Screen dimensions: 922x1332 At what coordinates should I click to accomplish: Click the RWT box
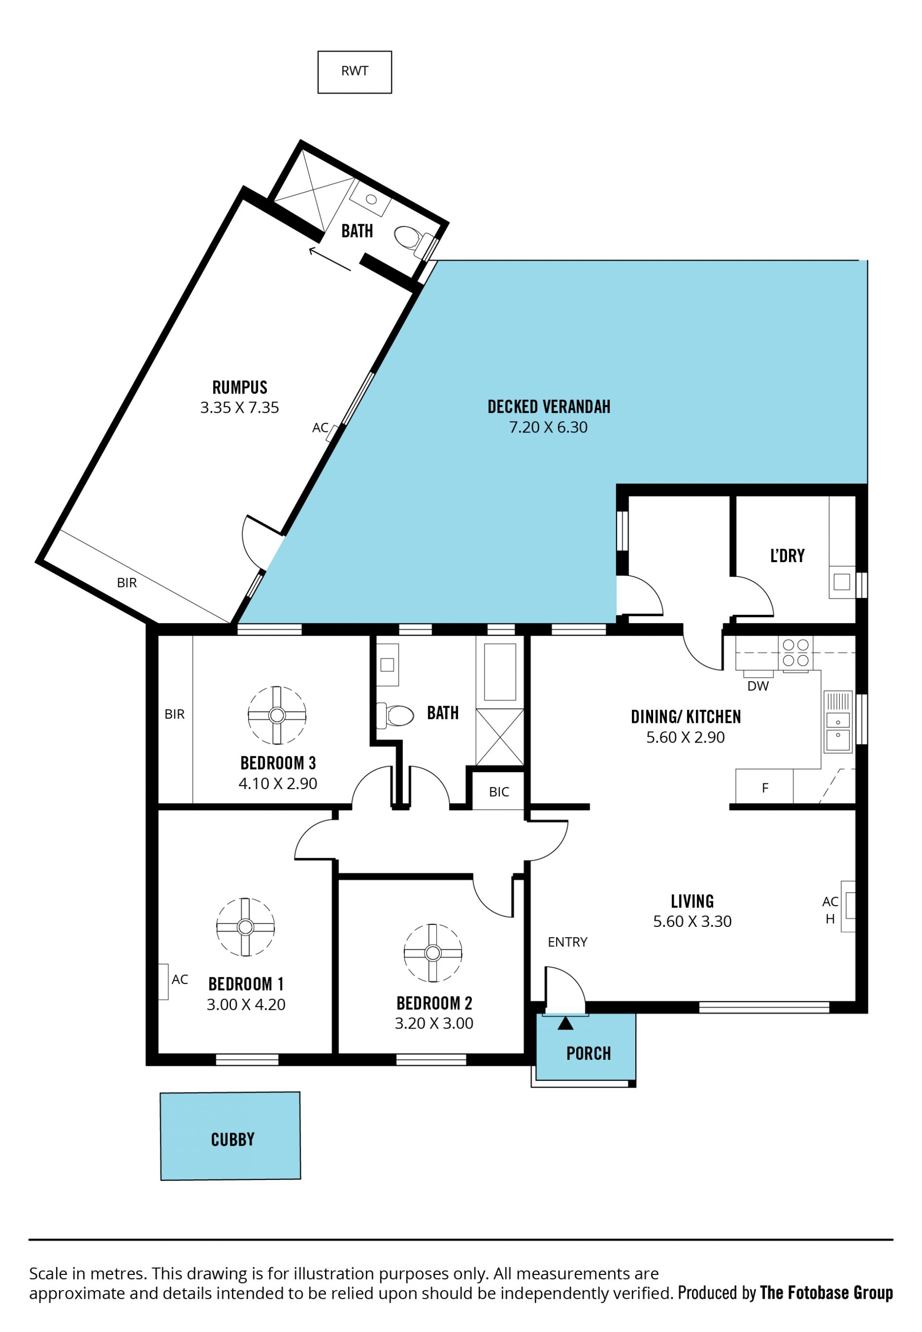click(x=355, y=72)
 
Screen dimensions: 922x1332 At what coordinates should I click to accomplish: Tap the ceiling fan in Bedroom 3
click(x=277, y=716)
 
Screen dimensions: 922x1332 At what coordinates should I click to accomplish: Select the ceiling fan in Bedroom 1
click(x=245, y=927)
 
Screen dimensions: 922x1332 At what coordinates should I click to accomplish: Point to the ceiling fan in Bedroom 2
click(x=433, y=953)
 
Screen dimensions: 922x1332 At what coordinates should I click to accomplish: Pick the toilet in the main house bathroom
click(x=395, y=716)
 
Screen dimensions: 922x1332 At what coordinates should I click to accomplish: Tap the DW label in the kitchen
click(x=758, y=686)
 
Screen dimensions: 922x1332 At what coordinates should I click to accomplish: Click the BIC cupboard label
click(x=499, y=792)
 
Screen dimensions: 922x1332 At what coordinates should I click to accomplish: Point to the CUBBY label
click(x=233, y=1139)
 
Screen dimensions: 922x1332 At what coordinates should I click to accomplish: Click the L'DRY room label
click(x=788, y=555)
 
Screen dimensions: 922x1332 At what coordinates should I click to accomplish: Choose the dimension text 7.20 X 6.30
click(x=548, y=427)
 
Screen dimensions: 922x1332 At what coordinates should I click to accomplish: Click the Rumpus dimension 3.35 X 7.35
click(x=240, y=408)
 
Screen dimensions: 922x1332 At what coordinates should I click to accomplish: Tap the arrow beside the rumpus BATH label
click(x=330, y=259)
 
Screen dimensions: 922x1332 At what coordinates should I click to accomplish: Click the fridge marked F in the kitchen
click(x=765, y=788)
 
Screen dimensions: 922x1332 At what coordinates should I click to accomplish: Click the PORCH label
click(x=589, y=1054)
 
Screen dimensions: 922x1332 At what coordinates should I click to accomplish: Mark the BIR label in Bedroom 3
click(x=174, y=714)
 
